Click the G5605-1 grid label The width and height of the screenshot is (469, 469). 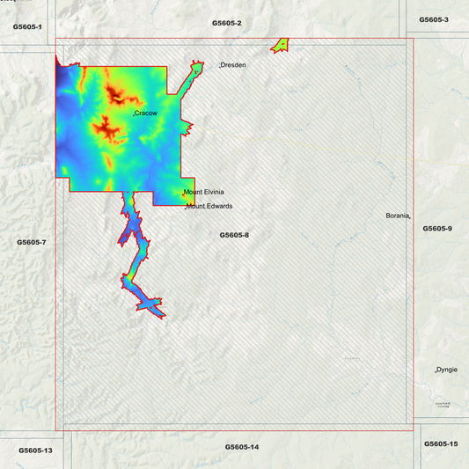click(28, 27)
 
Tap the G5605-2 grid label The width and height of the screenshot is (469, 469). click(226, 22)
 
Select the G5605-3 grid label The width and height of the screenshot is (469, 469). click(434, 19)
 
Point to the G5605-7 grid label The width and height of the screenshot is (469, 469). click(31, 241)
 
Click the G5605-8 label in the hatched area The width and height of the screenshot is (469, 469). click(235, 235)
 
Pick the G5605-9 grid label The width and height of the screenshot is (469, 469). click(437, 229)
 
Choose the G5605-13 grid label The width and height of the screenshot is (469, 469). click(35, 451)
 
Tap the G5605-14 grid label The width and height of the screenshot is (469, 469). click(242, 447)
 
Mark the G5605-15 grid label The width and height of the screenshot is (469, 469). click(441, 443)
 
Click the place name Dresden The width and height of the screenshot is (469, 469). click(233, 65)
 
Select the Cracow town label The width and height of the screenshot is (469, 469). click(145, 114)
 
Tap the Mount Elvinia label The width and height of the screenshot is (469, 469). click(203, 192)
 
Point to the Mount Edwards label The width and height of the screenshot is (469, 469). click(209, 206)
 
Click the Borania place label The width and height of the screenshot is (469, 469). click(398, 216)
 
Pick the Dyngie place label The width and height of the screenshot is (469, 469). click(448, 370)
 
